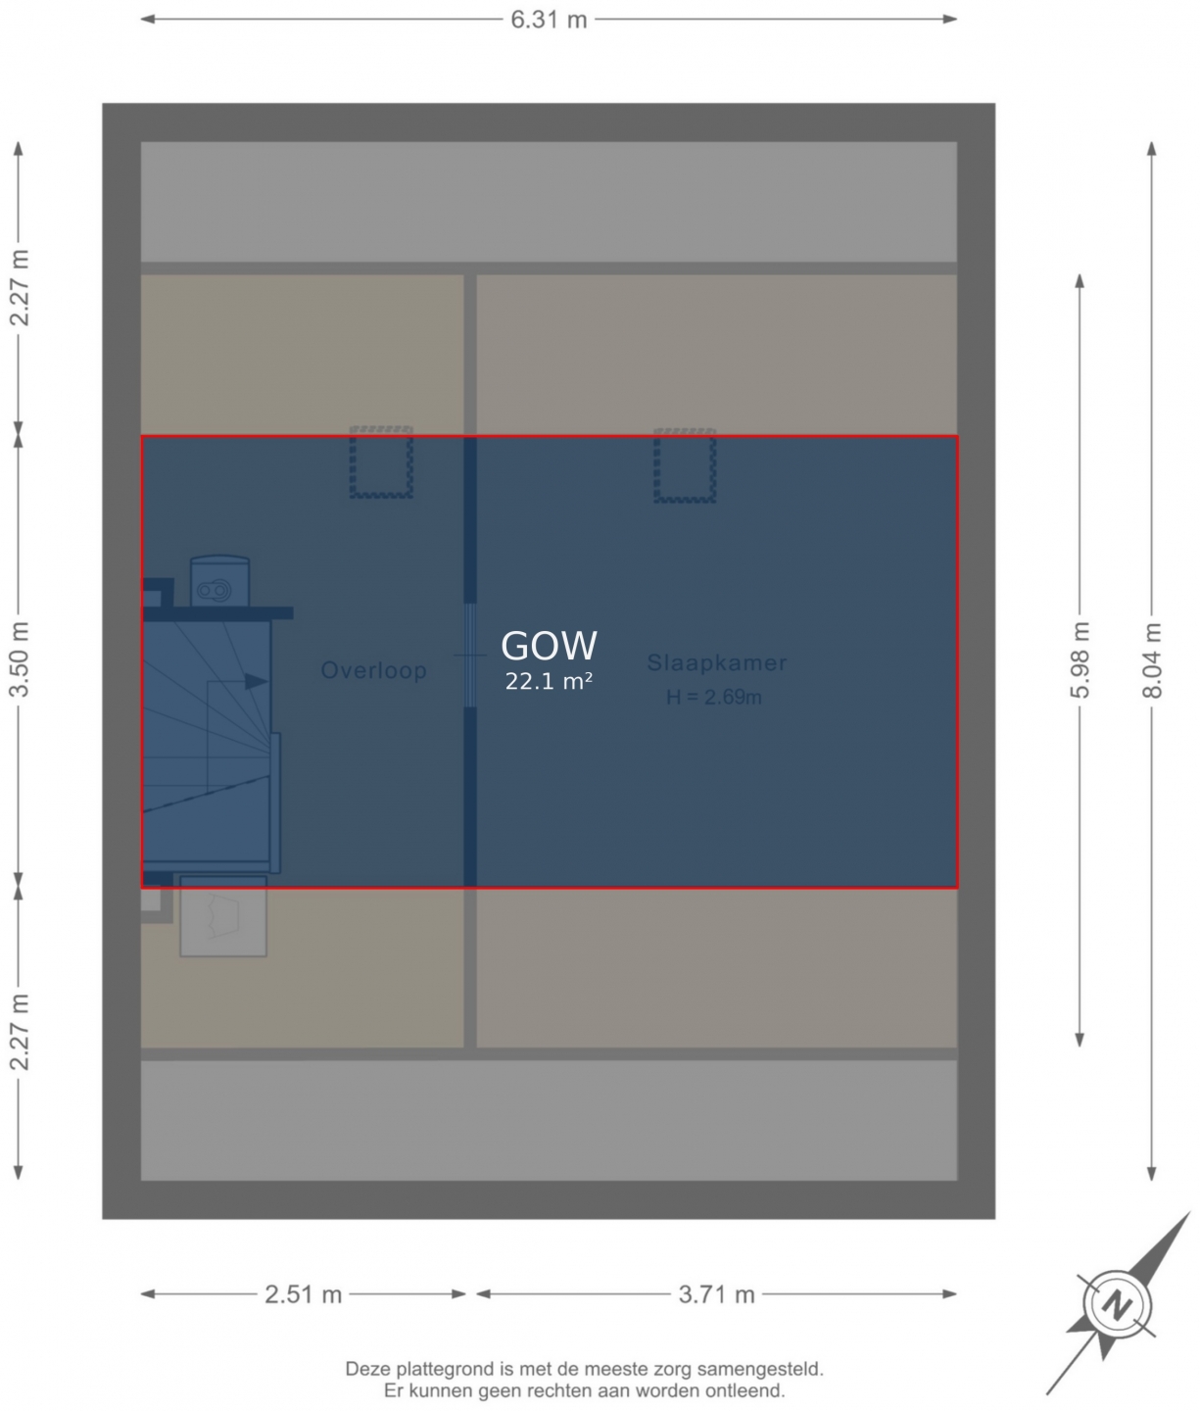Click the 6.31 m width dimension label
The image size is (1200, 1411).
pyautogui.click(x=549, y=20)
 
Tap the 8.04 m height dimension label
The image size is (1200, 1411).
pyautogui.click(x=1151, y=660)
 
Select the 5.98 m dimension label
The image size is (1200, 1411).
pyautogui.click(x=1080, y=660)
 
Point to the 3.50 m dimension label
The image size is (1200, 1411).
pyautogui.click(x=19, y=659)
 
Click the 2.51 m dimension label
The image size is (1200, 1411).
pyautogui.click(x=303, y=1293)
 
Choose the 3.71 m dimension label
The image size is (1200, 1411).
pyautogui.click(x=716, y=1293)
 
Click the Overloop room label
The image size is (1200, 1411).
pyautogui.click(x=373, y=670)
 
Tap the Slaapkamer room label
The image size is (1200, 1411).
pyautogui.click(x=717, y=662)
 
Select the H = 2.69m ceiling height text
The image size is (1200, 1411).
pyautogui.click(x=713, y=697)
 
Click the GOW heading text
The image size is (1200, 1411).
pyautogui.click(x=549, y=646)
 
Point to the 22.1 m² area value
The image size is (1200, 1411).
pyautogui.click(x=549, y=681)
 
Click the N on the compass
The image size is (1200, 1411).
pyautogui.click(x=1117, y=1306)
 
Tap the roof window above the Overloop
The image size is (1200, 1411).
pyautogui.click(x=381, y=462)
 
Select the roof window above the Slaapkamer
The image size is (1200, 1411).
pyautogui.click(x=685, y=465)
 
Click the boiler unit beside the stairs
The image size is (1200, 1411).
pyautogui.click(x=219, y=581)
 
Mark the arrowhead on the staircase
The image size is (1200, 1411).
pyautogui.click(x=257, y=681)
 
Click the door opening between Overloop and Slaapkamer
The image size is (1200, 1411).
pyautogui.click(x=470, y=656)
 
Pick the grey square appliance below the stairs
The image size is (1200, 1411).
pyautogui.click(x=223, y=917)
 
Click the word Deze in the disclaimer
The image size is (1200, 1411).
pyautogui.click(x=369, y=1369)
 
